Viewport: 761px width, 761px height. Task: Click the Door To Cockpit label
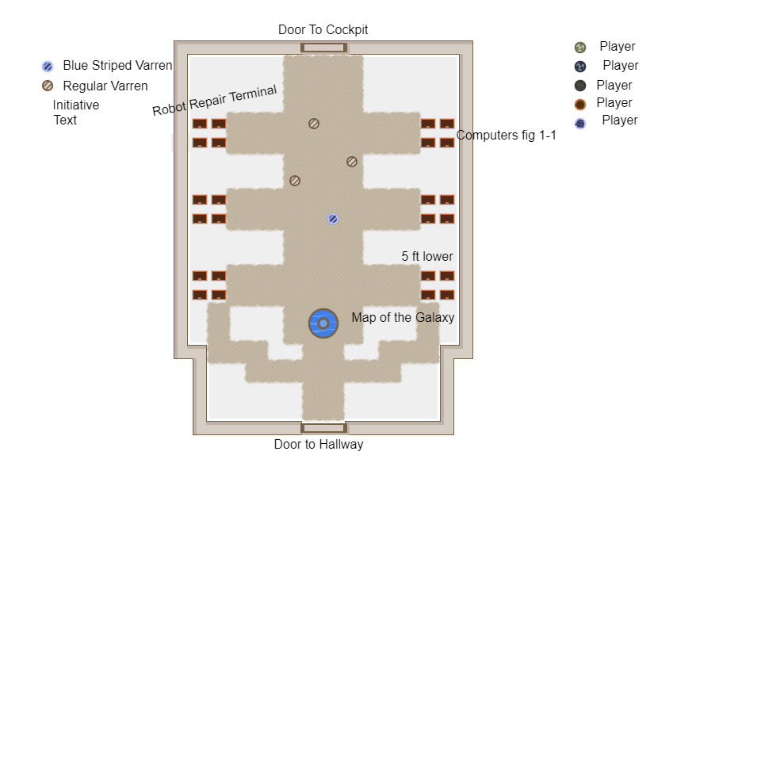click(x=323, y=30)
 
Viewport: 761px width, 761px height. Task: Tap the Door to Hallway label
click(x=319, y=444)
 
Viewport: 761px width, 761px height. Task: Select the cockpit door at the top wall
click(x=323, y=48)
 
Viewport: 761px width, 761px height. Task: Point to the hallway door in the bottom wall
click(x=323, y=427)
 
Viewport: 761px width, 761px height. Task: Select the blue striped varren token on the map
click(x=333, y=219)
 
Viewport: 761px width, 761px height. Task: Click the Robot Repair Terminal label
click(x=215, y=101)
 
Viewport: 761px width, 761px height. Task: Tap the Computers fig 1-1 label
click(x=507, y=135)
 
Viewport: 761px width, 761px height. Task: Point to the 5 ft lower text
click(x=427, y=256)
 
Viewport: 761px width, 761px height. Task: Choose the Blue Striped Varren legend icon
click(x=48, y=67)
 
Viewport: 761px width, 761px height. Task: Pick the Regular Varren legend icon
click(x=48, y=86)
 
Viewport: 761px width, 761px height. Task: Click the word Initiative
click(x=76, y=105)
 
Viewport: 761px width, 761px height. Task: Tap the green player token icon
click(x=580, y=47)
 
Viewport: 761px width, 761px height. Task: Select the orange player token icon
click(x=580, y=105)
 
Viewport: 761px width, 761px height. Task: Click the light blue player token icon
click(x=580, y=124)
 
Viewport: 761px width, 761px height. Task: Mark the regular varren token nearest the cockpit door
click(x=314, y=124)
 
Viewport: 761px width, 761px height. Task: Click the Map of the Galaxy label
click(x=403, y=317)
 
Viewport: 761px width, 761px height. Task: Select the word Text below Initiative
click(x=65, y=120)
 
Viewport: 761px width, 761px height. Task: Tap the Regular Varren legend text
click(x=105, y=86)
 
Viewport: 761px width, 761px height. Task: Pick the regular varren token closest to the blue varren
click(x=295, y=181)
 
